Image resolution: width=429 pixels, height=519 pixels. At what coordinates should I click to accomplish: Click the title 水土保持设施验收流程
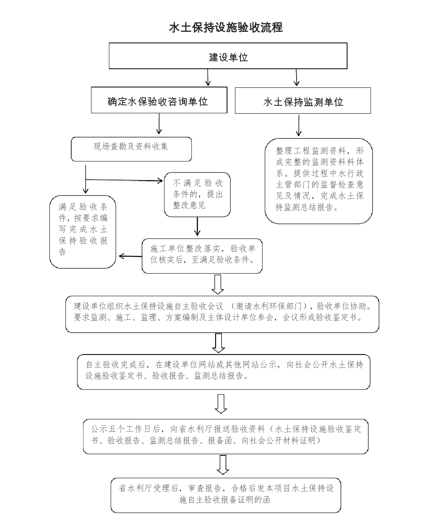[226, 27]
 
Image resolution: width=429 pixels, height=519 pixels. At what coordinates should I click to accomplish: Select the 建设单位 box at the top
[228, 56]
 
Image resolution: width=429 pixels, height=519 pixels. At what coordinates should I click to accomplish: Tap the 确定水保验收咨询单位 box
[159, 101]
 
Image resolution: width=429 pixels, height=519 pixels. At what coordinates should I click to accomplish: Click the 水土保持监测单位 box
[303, 101]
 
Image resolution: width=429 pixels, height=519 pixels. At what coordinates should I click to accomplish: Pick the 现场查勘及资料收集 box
[131, 149]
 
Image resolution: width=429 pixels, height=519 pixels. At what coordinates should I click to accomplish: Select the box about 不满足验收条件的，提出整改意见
[197, 194]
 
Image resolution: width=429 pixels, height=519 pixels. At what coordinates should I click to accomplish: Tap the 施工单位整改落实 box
[202, 256]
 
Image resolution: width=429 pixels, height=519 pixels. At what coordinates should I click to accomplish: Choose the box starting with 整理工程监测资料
[319, 181]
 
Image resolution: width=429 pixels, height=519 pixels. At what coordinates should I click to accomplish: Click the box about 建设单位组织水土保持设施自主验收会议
[222, 314]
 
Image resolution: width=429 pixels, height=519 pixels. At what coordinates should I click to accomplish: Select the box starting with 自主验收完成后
[223, 372]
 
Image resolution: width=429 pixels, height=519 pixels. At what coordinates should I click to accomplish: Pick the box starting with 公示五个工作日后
[225, 436]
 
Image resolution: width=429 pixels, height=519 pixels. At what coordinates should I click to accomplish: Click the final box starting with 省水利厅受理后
[225, 495]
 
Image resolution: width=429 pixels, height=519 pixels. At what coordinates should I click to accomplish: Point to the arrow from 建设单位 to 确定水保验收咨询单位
[208, 77]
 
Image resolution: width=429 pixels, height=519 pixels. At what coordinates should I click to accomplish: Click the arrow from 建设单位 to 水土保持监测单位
[296, 77]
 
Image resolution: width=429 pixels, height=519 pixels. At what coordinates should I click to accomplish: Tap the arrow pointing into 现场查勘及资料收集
[159, 125]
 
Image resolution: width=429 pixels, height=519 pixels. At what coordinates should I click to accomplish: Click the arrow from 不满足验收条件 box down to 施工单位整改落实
[197, 227]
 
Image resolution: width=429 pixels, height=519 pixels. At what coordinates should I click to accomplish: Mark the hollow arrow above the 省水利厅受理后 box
[223, 465]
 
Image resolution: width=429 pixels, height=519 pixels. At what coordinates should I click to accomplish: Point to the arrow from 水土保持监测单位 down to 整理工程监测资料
[299, 126]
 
